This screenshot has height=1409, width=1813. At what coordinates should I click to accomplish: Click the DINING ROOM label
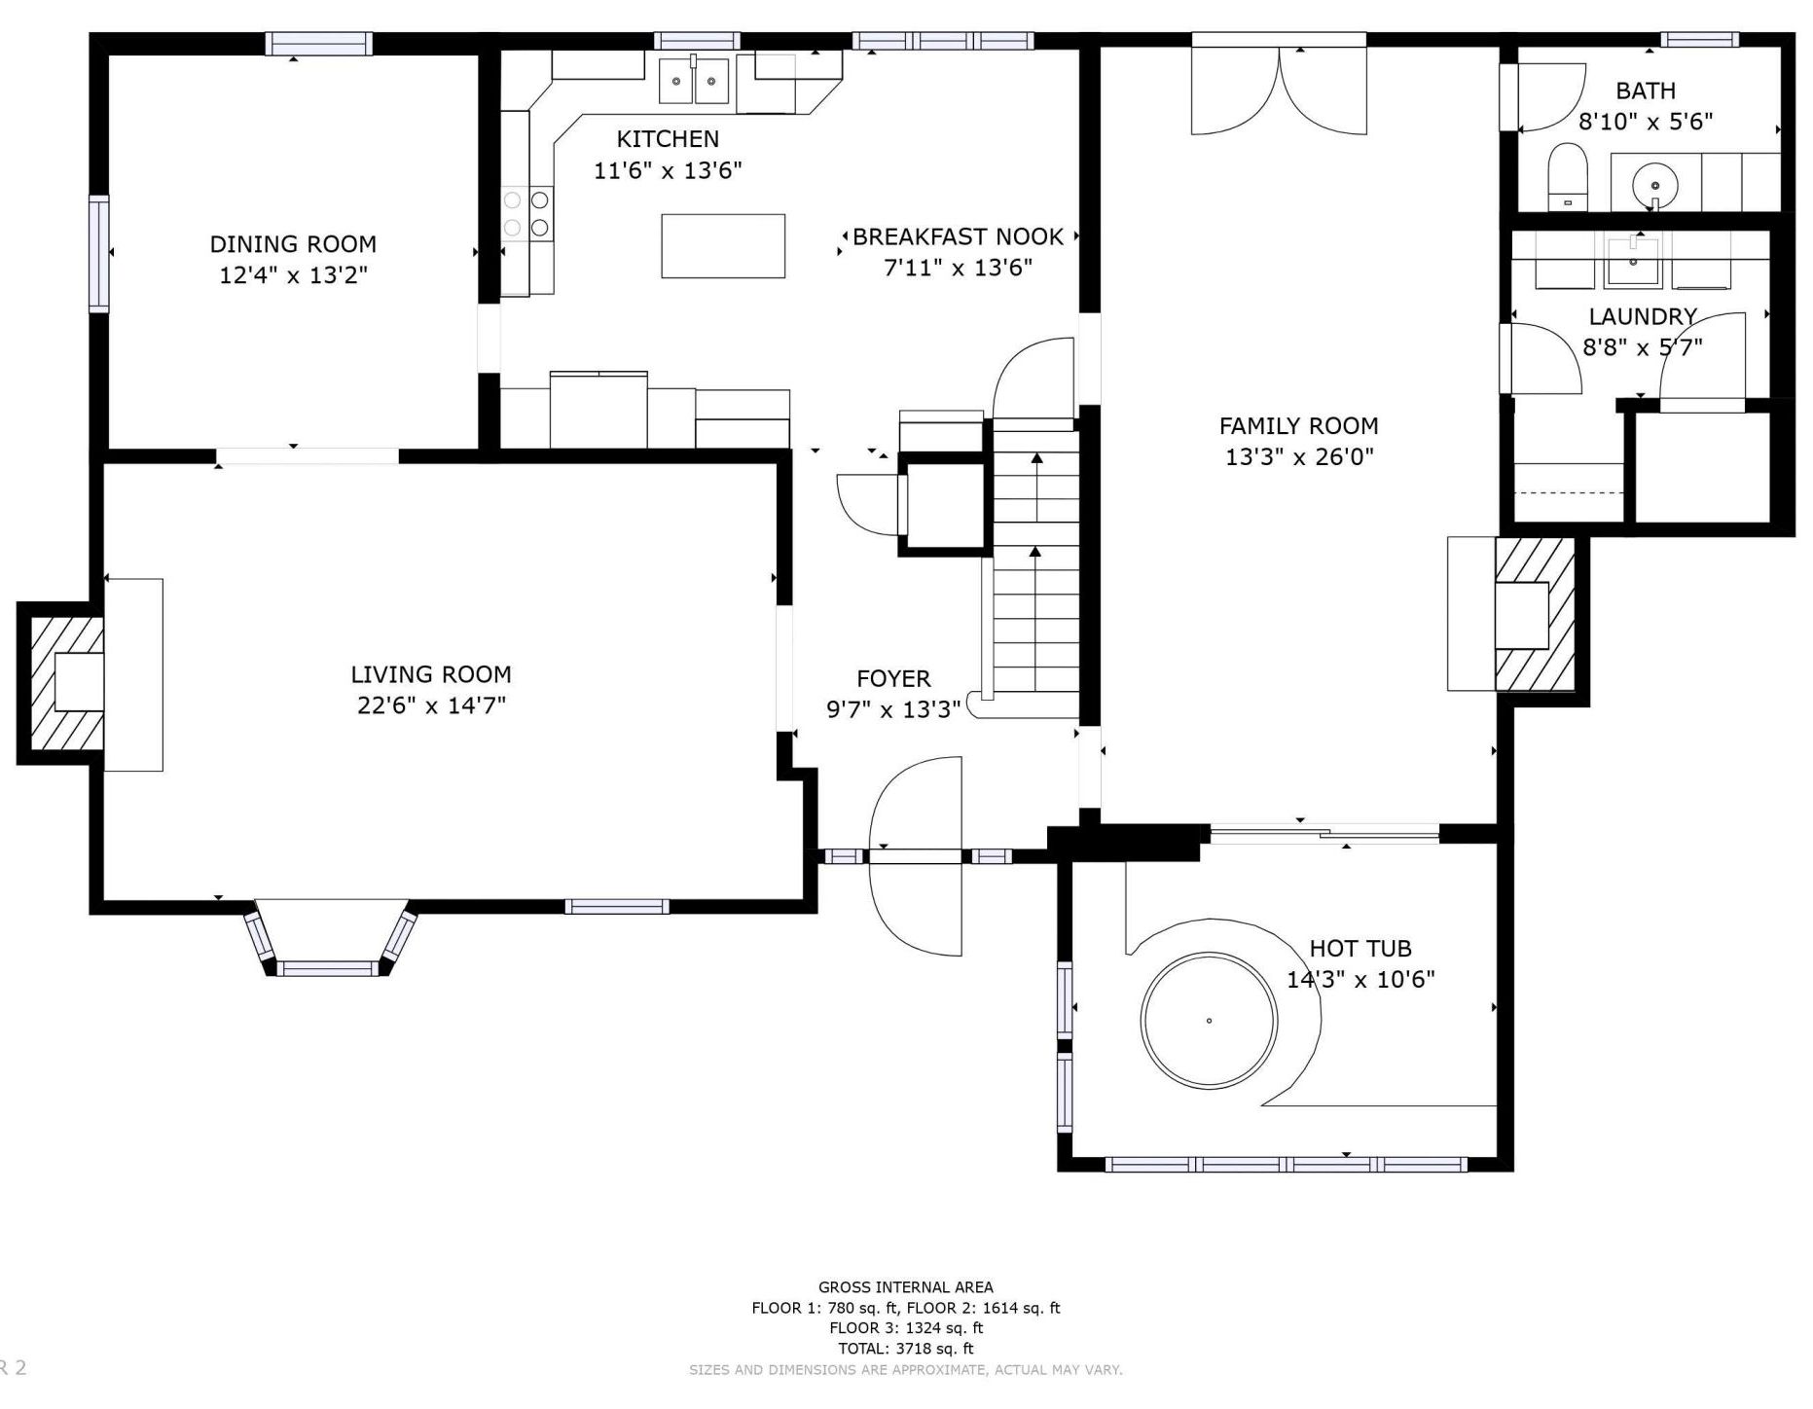tap(293, 243)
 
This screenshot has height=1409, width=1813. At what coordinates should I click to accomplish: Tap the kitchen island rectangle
tap(723, 246)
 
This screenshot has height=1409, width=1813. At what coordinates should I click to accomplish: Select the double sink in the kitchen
tap(694, 81)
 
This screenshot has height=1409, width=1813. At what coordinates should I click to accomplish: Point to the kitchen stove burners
tap(526, 214)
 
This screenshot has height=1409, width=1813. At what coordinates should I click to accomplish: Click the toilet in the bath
tap(1567, 176)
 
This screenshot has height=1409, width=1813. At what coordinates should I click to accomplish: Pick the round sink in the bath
tap(1654, 183)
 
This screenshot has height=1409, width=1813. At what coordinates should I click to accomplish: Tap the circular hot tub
tap(1209, 1021)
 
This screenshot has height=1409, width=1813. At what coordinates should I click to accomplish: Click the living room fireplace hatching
tap(67, 683)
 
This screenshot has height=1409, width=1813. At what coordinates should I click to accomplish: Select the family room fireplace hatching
tap(1535, 615)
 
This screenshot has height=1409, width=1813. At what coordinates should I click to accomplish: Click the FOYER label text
tap(893, 678)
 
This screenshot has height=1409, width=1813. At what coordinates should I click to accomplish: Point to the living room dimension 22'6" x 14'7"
tap(431, 705)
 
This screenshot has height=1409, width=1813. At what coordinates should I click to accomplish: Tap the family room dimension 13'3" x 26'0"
tap(1299, 456)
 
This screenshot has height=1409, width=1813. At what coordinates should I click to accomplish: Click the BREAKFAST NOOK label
tap(958, 236)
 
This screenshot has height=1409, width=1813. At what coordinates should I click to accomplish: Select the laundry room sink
tap(1633, 261)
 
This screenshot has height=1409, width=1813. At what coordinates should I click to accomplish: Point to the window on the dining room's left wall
tap(99, 253)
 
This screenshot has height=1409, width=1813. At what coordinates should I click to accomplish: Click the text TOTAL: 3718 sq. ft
tap(905, 1349)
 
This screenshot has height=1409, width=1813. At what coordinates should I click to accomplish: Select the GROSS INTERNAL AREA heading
tap(905, 1287)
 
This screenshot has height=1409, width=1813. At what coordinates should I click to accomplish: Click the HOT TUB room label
tap(1360, 948)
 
